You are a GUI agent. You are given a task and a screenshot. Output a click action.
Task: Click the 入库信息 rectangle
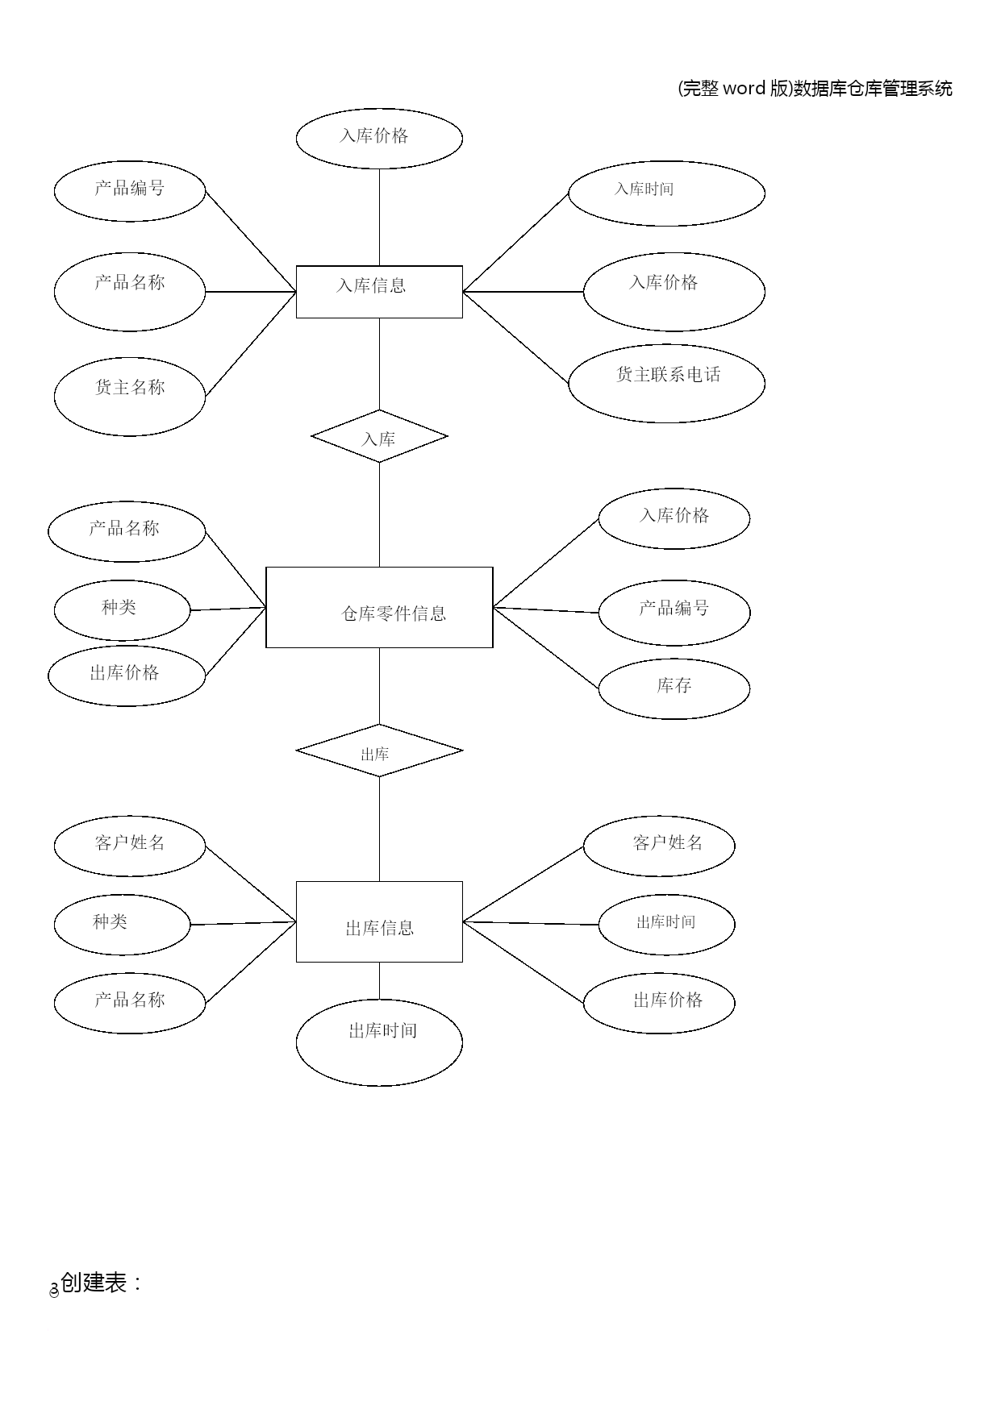click(x=379, y=291)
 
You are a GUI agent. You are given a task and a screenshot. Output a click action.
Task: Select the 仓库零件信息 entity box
click(x=379, y=607)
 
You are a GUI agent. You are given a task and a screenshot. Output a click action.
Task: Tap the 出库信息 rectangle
click(x=379, y=921)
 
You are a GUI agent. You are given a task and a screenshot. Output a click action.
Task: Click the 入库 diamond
click(x=379, y=436)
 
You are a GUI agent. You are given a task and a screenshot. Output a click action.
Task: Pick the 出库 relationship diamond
click(x=379, y=751)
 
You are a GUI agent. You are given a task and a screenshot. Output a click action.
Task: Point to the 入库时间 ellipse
click(x=666, y=193)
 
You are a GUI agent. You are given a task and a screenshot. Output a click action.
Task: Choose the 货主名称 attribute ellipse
click(x=130, y=396)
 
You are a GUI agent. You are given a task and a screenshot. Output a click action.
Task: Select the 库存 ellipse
click(x=674, y=688)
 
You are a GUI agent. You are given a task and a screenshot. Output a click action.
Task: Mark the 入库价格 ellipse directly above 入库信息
click(x=379, y=139)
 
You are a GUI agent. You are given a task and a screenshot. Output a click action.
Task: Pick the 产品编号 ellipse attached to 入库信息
click(x=130, y=191)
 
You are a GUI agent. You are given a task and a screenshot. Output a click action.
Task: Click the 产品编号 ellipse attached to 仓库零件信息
click(x=674, y=612)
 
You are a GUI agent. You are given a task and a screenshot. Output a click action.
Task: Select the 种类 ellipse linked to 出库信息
click(x=122, y=924)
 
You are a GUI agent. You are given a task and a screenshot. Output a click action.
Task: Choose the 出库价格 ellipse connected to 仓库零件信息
click(x=127, y=675)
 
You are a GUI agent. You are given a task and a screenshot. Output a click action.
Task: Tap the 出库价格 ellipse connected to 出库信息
click(x=659, y=1002)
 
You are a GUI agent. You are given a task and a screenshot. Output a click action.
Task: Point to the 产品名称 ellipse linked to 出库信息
click(x=130, y=1003)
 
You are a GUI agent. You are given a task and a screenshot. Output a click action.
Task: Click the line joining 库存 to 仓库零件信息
click(x=546, y=647)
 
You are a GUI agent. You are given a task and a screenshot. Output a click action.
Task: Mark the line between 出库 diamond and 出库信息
click(x=379, y=829)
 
